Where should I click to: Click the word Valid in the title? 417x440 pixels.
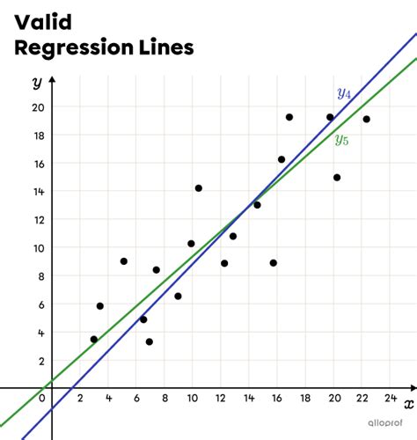coord(41,21)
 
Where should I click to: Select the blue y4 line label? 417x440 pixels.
coord(344,93)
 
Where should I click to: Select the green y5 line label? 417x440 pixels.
coord(341,139)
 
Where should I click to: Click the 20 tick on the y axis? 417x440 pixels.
coord(38,107)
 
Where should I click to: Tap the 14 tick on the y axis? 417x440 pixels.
coord(38,192)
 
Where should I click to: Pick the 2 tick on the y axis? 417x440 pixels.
coord(40,361)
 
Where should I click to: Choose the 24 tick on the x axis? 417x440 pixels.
coord(391,399)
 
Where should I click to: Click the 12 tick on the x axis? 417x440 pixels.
coord(222,399)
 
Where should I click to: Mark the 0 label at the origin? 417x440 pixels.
coord(41,399)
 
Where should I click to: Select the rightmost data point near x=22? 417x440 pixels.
coord(366,119)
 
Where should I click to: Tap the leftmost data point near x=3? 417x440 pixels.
coord(94,339)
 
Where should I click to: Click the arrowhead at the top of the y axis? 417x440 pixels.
coord(52,80)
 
